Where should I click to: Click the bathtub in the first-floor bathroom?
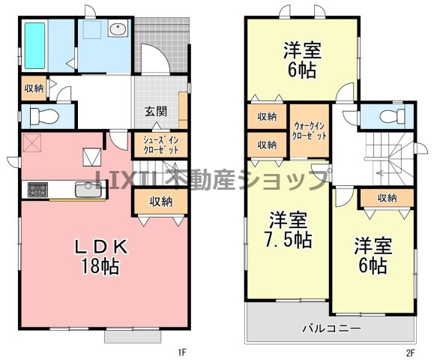pos(35,46)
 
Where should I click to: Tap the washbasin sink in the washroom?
pos(118,28)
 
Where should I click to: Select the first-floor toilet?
pos(44,115)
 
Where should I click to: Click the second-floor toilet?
pos(394,116)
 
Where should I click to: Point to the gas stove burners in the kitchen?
pos(37,190)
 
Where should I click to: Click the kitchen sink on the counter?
pos(88,190)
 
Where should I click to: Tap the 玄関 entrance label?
pos(156,112)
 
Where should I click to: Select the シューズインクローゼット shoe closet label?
pos(161,145)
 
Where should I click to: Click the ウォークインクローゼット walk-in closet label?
pos(310,130)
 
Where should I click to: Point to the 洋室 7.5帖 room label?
pos(288,229)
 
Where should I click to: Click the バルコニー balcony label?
pos(331,328)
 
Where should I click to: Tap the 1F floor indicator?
pos(183,352)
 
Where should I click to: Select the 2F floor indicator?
pos(411,352)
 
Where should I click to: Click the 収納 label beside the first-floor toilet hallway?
pos(34,88)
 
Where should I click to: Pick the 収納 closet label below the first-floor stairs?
pos(161,201)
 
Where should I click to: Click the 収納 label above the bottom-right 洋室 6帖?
pos(387,198)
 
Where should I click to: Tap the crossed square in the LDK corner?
pos(31,142)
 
